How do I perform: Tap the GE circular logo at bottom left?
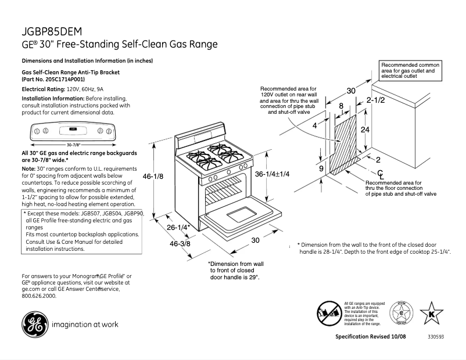pos(34,324)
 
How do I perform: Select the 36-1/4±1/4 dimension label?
pos(273,174)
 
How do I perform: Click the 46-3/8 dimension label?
pos(181,244)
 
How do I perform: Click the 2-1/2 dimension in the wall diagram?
pos(376,100)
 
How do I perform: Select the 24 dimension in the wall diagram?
pos(365,129)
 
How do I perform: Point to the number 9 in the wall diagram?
pos(321,168)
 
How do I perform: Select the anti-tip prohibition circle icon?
pos(329,314)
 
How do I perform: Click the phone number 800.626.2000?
pos(39,296)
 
